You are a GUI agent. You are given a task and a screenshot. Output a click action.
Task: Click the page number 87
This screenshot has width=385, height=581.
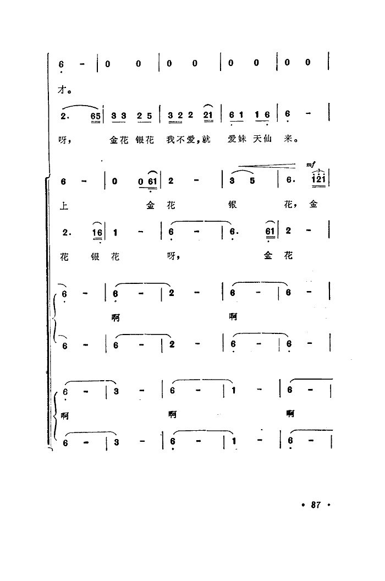[315, 505]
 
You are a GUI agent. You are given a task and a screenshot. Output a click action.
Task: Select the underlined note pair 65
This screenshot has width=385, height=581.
[96, 117]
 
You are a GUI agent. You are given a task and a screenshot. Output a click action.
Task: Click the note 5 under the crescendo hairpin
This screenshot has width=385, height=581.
[252, 181]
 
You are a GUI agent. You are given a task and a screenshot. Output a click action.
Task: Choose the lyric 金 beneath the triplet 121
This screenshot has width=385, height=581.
[314, 204]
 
